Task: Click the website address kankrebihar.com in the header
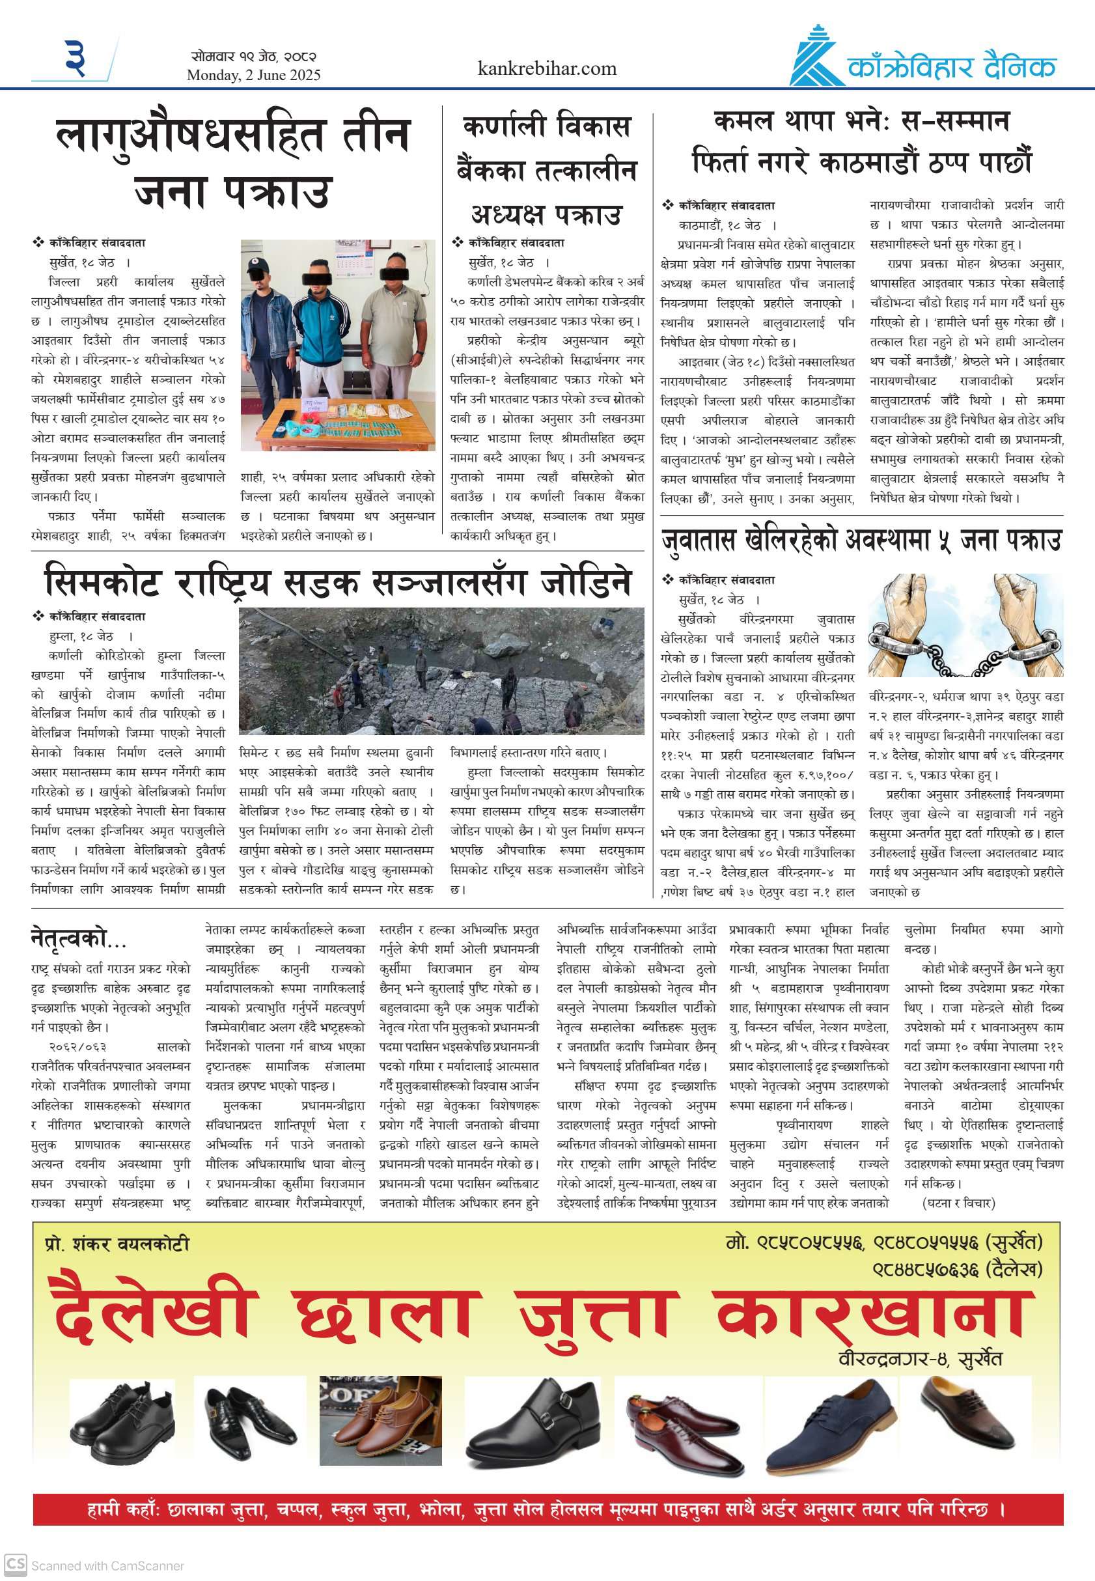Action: coord(547,68)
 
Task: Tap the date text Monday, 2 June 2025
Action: coord(253,76)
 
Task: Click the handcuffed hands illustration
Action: coord(965,626)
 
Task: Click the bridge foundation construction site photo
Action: coord(441,671)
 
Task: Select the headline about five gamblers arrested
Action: coord(861,540)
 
